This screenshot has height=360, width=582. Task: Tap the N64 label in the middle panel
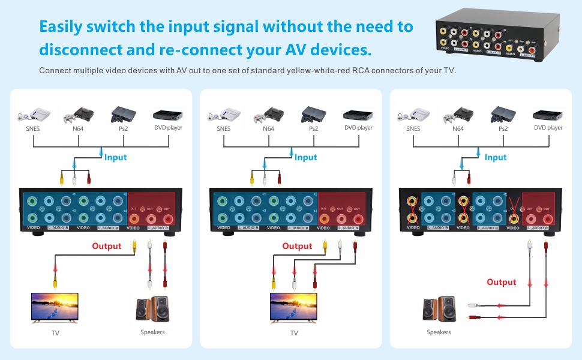268,128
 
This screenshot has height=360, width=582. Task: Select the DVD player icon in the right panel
548,115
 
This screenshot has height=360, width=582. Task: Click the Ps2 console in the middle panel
314,114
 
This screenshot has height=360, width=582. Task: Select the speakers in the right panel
439,310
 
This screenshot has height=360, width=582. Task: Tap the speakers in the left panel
152,308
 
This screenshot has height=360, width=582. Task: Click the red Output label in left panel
107,246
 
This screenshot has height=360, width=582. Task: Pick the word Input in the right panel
496,157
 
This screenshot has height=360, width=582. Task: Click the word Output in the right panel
502,282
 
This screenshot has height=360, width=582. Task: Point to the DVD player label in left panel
168,128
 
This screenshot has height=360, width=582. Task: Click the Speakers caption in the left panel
152,332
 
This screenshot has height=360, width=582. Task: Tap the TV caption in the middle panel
294,332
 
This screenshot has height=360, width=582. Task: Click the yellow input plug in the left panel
61,178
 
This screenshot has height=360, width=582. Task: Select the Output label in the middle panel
297,246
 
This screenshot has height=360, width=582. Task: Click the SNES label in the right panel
413,128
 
